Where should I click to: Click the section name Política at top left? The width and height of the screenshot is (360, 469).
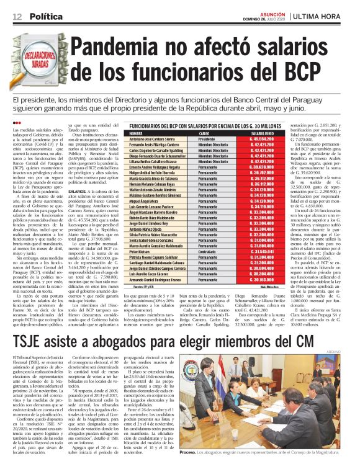pos(40,15)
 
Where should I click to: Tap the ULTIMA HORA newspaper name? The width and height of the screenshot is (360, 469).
pos(323,16)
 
